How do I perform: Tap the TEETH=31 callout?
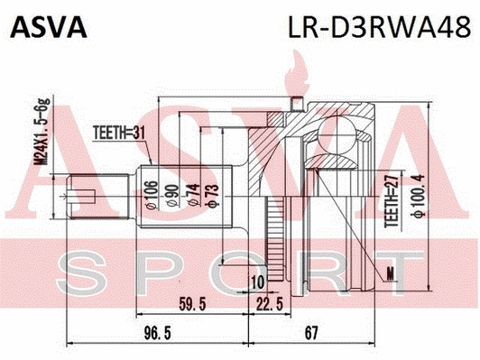120,138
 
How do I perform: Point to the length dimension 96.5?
161,335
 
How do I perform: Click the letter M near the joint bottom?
389,272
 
